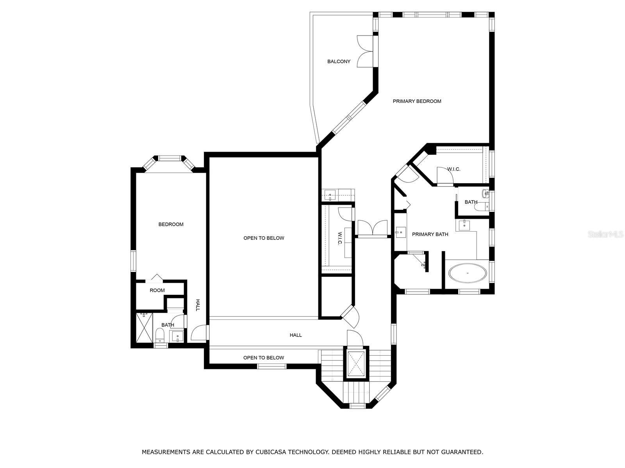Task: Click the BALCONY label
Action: coord(339,61)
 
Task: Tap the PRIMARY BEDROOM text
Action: coord(417,101)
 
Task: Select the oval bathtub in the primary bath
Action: coord(467,273)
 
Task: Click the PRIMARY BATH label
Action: coord(430,234)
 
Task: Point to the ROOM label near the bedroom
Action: coord(157,290)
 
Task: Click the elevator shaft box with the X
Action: coord(355,363)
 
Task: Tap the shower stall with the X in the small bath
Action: coord(145,328)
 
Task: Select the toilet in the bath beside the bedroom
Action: coord(160,335)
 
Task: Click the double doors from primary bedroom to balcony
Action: coord(365,51)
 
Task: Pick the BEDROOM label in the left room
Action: coord(171,224)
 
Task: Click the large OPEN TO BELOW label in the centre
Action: coord(264,238)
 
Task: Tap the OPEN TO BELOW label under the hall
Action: coord(264,358)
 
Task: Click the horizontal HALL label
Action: coord(296,335)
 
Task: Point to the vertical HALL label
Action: coord(197,305)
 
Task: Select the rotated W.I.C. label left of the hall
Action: coord(340,238)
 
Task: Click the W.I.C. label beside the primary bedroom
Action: coord(454,169)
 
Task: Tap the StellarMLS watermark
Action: coord(605,234)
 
